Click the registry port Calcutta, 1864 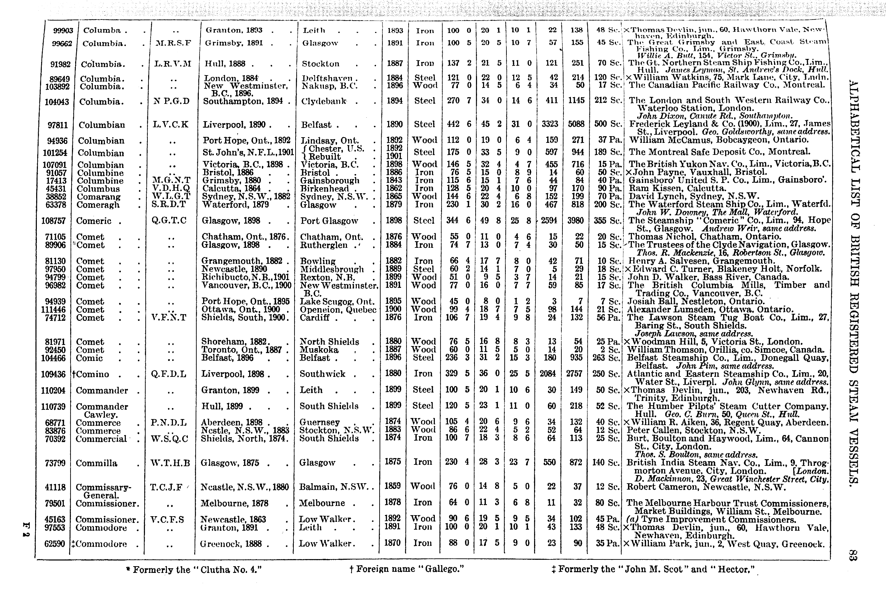click(231, 189)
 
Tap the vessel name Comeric click(94, 221)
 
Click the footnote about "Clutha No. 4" click(194, 569)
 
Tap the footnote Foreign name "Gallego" click(406, 569)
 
